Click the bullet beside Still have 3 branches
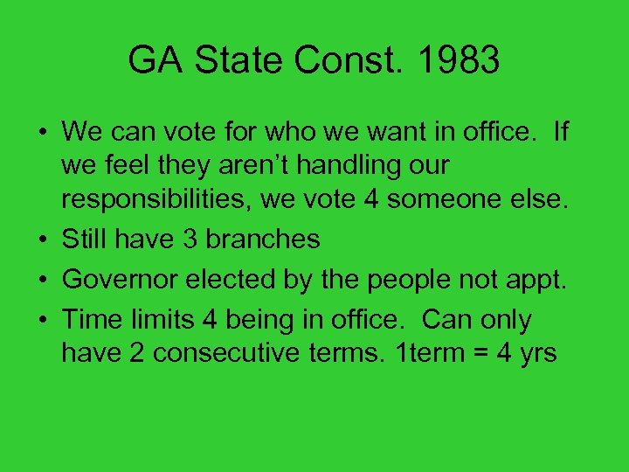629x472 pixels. pyautogui.click(x=42, y=239)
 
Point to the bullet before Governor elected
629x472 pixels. pyautogui.click(x=42, y=281)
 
